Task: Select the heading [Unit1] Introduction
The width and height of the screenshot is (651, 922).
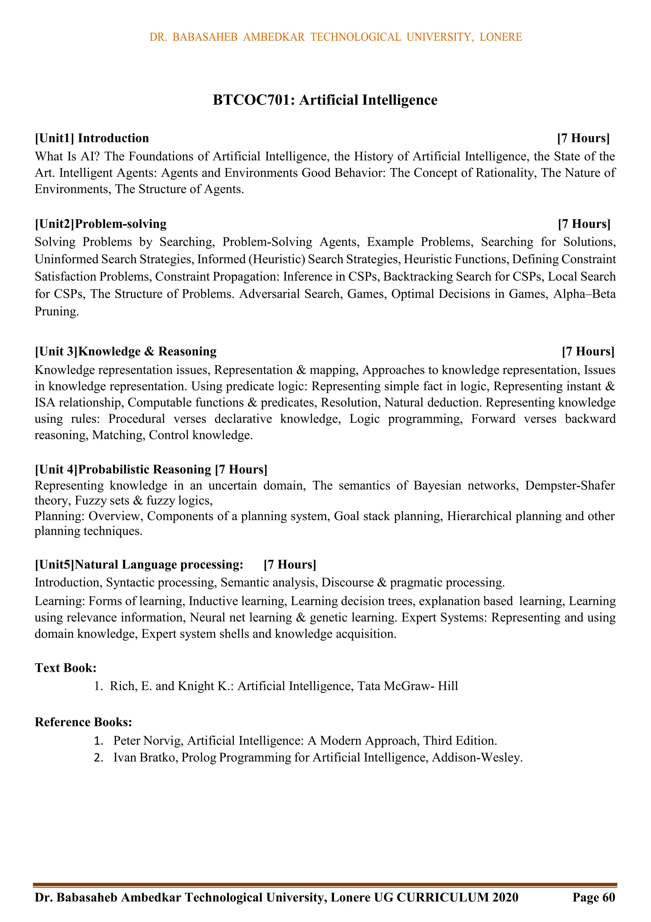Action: click(92, 138)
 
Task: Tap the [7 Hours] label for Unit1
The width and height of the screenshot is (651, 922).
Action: click(583, 138)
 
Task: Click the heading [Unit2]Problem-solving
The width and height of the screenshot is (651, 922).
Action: click(100, 224)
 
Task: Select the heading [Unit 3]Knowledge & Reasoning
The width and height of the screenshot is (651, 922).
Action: click(125, 351)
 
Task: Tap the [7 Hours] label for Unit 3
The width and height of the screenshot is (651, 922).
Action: click(588, 351)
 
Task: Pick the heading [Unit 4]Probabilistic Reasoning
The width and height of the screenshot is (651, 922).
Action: click(123, 470)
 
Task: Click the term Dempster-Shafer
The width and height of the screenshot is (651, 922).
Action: click(570, 485)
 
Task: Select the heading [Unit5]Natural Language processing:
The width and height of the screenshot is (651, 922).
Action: click(139, 565)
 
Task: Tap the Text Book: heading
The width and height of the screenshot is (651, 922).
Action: click(65, 668)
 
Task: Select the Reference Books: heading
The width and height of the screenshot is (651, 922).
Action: click(84, 722)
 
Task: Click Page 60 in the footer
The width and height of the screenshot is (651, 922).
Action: click(593, 897)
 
